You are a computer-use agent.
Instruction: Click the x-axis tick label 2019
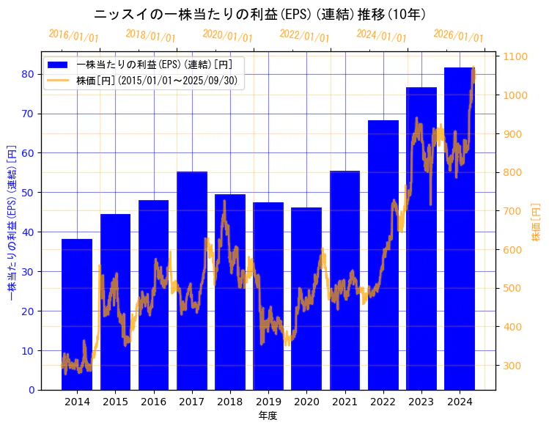pos(268,402)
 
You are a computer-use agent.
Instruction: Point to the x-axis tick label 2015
pos(115,402)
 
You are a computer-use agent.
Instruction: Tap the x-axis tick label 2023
pos(421,402)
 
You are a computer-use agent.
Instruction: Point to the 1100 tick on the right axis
pos(516,56)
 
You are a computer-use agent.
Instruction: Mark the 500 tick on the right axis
pos(513,288)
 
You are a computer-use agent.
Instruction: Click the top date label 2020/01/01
pos(227,34)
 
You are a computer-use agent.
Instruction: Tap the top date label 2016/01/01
pos(73,34)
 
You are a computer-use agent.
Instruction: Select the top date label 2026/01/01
pos(458,34)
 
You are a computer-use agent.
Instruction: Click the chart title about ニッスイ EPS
pos(260,14)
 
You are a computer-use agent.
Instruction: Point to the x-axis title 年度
pos(268,416)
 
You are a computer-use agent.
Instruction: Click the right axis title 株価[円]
pos(536,224)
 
